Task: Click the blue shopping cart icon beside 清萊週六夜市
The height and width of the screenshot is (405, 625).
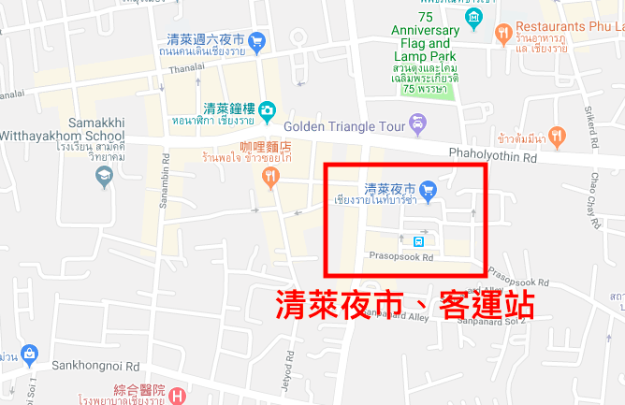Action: pyautogui.click(x=256, y=41)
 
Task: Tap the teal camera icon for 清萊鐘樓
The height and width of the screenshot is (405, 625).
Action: pyautogui.click(x=267, y=110)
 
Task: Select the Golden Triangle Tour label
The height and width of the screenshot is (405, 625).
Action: pyautogui.click(x=341, y=126)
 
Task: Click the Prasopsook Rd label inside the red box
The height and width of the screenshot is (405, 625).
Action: pyautogui.click(x=401, y=256)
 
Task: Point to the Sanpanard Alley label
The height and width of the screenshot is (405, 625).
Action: pyautogui.click(x=391, y=317)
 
